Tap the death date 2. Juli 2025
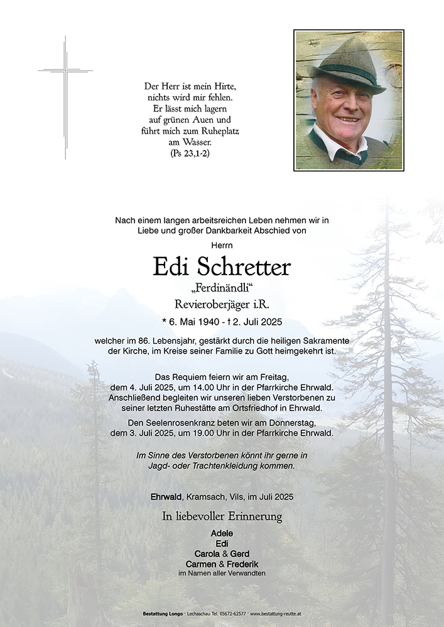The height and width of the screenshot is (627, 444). (x=254, y=322)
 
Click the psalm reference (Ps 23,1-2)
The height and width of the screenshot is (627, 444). (x=190, y=152)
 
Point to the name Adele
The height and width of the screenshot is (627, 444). (x=222, y=533)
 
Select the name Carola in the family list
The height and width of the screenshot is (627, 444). (x=208, y=554)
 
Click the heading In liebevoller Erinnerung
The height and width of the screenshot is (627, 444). (x=222, y=517)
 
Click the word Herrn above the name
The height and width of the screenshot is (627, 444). (x=222, y=246)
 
